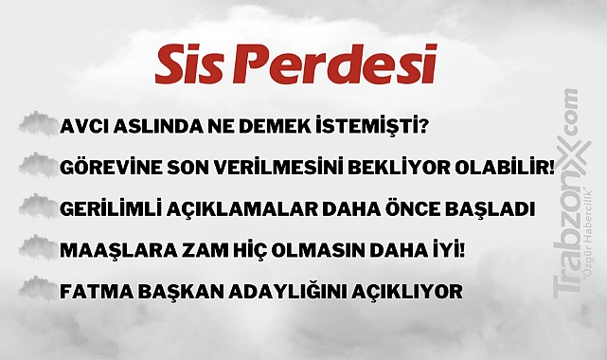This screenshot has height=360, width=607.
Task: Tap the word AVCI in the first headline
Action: (82, 127)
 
